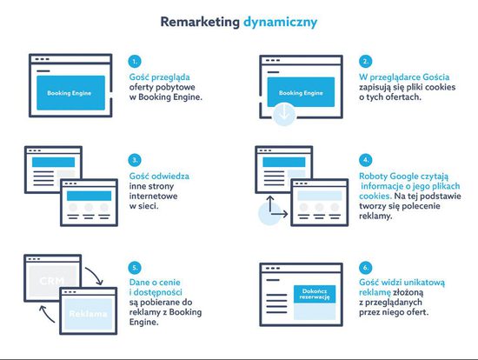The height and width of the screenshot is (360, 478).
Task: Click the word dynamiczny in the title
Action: click(x=280, y=23)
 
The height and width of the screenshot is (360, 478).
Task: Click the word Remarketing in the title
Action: click(x=200, y=22)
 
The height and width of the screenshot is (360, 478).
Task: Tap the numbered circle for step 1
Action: click(x=135, y=62)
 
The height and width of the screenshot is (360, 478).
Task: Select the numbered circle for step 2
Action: click(x=365, y=62)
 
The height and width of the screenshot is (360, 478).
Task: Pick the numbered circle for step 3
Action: click(x=135, y=160)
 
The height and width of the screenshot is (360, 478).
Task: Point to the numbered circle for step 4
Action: click(x=366, y=160)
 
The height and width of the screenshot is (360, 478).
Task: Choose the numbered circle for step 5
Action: click(x=135, y=268)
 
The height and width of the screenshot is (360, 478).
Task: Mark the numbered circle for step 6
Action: click(x=366, y=268)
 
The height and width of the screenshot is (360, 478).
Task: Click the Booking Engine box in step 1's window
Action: click(x=70, y=93)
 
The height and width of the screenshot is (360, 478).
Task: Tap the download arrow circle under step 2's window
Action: click(x=284, y=114)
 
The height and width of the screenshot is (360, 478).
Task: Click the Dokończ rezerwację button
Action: click(x=315, y=294)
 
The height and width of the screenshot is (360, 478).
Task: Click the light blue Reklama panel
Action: click(x=89, y=314)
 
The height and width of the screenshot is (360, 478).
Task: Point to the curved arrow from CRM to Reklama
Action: click(x=96, y=275)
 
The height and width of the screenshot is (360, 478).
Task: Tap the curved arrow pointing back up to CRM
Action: click(x=46, y=314)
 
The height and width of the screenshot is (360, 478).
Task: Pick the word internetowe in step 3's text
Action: click(x=153, y=196)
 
